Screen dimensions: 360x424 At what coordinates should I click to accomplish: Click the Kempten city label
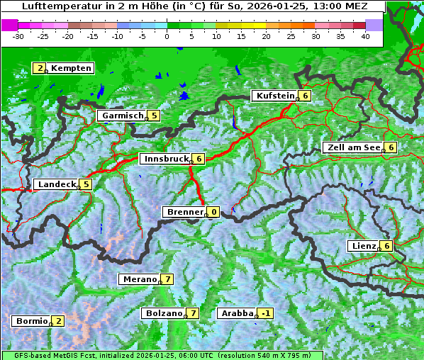71,68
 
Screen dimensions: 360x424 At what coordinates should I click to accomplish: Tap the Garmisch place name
123,116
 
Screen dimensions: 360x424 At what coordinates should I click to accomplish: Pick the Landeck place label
56,184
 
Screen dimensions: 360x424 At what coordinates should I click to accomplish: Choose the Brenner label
184,212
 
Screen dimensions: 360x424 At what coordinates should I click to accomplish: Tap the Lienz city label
363,246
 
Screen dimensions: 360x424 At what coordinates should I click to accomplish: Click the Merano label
139,279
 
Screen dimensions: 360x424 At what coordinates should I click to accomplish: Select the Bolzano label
164,313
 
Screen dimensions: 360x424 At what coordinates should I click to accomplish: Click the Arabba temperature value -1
266,313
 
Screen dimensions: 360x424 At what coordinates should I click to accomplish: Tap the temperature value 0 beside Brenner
213,212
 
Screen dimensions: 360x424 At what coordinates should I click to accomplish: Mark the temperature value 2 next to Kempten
41,68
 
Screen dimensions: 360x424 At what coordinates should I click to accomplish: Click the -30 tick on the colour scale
19,35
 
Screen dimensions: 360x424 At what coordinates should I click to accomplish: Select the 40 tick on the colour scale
365,35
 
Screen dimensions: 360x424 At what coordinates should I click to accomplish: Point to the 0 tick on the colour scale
167,35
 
